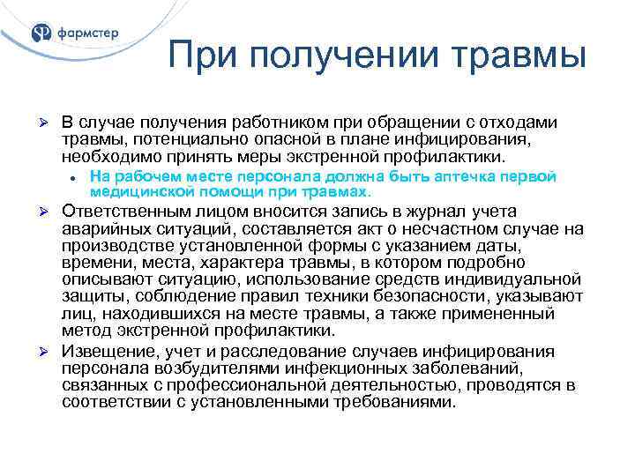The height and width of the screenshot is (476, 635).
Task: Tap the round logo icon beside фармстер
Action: click(x=41, y=33)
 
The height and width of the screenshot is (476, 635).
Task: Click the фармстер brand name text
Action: click(x=87, y=34)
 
